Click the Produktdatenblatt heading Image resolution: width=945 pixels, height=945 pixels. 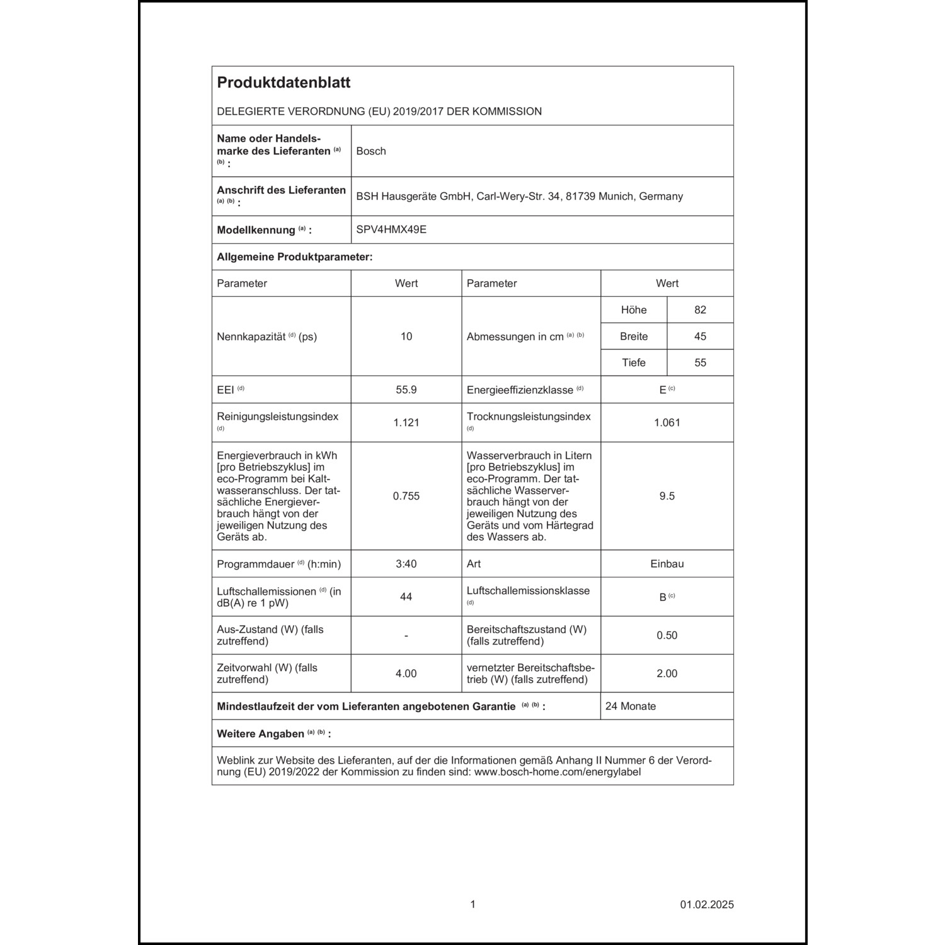click(x=283, y=83)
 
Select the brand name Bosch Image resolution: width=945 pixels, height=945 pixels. click(x=371, y=151)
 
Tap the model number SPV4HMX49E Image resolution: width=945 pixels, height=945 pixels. click(x=391, y=230)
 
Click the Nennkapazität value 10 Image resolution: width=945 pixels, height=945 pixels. click(x=406, y=336)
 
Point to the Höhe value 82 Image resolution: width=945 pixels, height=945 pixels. click(x=700, y=310)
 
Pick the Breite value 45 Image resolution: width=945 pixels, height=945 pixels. click(x=700, y=336)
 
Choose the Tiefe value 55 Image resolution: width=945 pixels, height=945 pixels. click(x=700, y=363)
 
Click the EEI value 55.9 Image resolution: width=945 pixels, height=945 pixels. click(x=406, y=390)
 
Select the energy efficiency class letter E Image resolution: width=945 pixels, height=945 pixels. click(x=663, y=390)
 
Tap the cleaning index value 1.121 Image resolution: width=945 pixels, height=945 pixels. click(x=406, y=423)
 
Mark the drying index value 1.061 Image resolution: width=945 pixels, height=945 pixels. click(x=667, y=423)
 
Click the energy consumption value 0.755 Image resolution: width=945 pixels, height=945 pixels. click(x=406, y=496)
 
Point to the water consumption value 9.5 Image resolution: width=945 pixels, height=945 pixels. click(x=667, y=496)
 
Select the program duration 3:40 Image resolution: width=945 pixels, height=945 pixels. click(x=406, y=564)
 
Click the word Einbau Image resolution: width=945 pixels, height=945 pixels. click(x=667, y=564)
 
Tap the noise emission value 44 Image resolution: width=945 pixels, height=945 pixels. click(x=406, y=597)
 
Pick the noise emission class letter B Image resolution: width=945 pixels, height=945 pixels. click(x=663, y=597)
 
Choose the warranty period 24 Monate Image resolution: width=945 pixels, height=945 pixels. click(x=631, y=706)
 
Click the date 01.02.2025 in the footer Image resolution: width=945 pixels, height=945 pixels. click(x=707, y=905)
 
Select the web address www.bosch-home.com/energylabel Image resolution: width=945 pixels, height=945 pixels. click(x=558, y=772)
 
